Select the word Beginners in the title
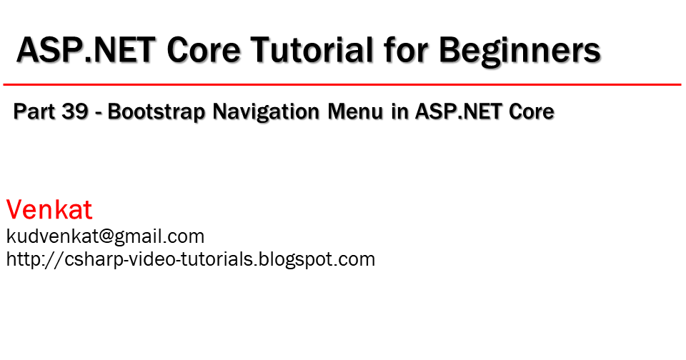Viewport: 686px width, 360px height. tap(520, 51)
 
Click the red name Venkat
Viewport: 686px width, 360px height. tap(49, 210)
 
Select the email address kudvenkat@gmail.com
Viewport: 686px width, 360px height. tap(106, 236)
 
